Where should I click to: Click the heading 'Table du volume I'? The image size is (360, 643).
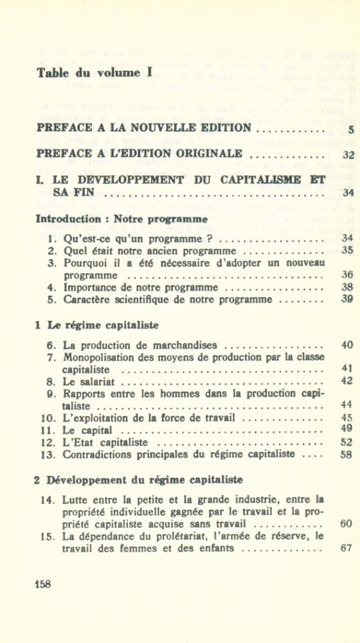pos(94,72)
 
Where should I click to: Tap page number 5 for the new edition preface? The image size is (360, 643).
pos(350,130)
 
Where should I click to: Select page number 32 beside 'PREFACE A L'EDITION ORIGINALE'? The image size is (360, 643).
pos(348,154)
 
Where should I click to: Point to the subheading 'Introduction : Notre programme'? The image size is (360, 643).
pos(122,219)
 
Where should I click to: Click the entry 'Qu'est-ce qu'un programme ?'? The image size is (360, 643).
pos(138,239)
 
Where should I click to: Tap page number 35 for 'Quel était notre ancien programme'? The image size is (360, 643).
pos(348,251)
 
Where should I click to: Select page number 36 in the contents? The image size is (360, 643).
pos(348,275)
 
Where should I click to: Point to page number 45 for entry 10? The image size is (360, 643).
pos(348,418)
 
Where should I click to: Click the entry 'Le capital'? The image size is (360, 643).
pos(88,430)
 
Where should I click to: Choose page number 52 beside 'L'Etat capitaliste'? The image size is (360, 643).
pos(348,442)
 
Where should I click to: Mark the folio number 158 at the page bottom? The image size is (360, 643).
pos(42,584)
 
